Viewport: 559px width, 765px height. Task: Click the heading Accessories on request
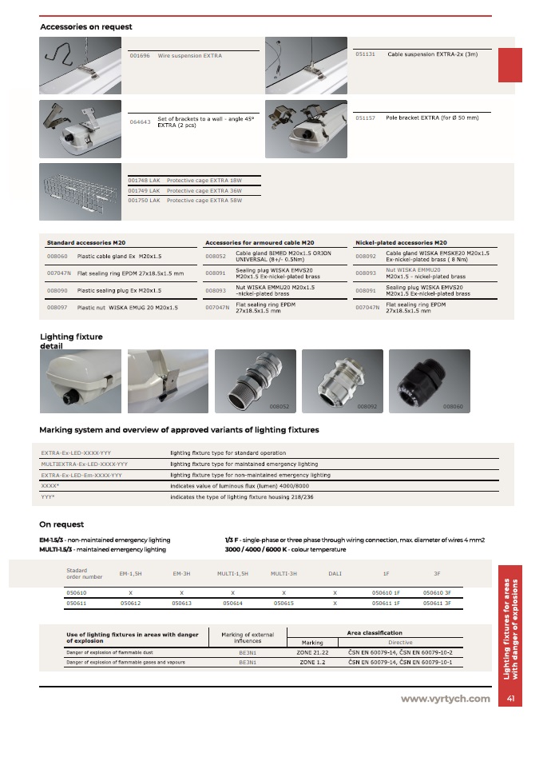click(86, 27)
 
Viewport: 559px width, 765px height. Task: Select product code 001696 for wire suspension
click(139, 56)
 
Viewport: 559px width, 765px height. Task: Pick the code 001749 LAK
click(145, 191)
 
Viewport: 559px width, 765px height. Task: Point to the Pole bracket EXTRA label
click(432, 118)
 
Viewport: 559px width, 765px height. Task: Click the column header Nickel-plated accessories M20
click(401, 241)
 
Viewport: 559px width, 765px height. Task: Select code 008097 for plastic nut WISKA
click(57, 307)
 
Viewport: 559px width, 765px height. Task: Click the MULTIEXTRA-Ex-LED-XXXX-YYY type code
click(84, 464)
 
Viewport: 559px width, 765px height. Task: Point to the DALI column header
click(335, 573)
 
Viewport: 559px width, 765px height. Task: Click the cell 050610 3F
click(437, 592)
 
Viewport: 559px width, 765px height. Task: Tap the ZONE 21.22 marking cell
click(312, 652)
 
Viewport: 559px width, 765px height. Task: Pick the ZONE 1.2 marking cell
click(312, 663)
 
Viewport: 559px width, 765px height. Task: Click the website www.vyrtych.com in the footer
click(446, 699)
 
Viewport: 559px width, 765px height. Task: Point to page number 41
click(509, 699)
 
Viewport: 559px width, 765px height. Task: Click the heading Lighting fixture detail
click(71, 341)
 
